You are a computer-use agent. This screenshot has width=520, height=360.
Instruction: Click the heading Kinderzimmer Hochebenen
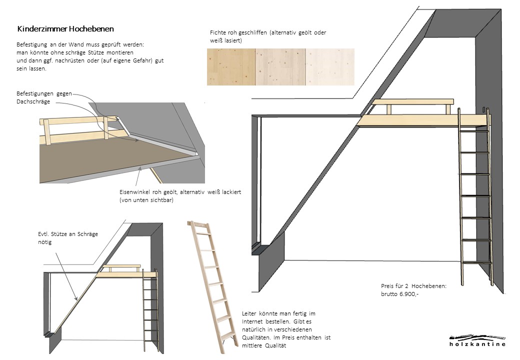pyautogui.click(x=65, y=29)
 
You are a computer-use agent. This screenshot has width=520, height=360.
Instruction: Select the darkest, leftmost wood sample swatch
pyautogui.click(x=231, y=67)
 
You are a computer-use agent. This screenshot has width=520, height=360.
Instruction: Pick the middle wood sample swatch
pyautogui.click(x=280, y=67)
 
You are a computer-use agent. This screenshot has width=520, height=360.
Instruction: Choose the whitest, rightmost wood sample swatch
pyautogui.click(x=329, y=67)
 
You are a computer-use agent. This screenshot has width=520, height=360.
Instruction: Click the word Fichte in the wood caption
pyautogui.click(x=218, y=32)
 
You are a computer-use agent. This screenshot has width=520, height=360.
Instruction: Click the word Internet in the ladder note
pyautogui.click(x=253, y=321)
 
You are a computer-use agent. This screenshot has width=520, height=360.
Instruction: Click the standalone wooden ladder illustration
pyautogui.click(x=211, y=285)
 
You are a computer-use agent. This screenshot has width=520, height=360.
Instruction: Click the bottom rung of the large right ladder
pyautogui.click(x=475, y=262)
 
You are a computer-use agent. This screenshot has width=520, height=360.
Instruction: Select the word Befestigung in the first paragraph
pyautogui.click(x=33, y=44)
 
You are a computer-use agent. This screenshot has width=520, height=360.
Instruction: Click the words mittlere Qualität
pyautogui.click(x=261, y=345)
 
